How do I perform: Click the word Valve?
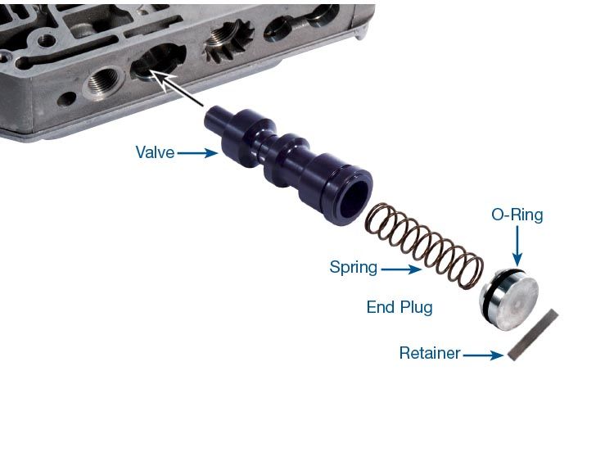[x=155, y=152]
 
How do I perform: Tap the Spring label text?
[x=354, y=268]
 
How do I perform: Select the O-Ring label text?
[x=517, y=215]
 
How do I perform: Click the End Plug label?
[x=400, y=307]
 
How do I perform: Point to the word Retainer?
[x=430, y=353]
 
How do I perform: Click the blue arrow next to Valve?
[x=198, y=152]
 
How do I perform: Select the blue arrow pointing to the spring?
[x=401, y=269]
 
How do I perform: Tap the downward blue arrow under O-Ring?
[x=517, y=247]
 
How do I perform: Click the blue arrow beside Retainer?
[x=483, y=355]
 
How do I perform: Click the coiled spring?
[x=424, y=246]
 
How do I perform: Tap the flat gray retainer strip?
[x=533, y=334]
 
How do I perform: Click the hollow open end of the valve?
[x=354, y=201]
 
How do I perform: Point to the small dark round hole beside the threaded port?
[x=66, y=98]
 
